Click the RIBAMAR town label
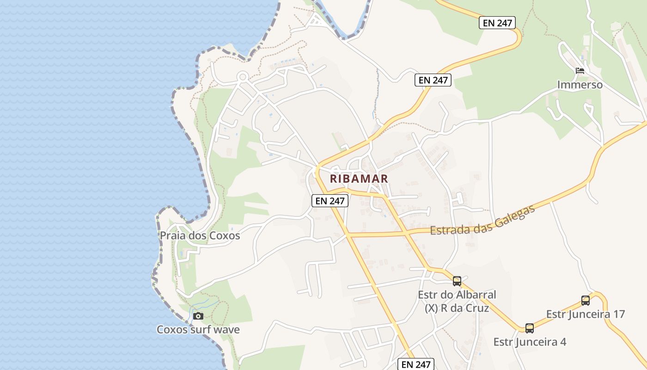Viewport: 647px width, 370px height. (x=359, y=179)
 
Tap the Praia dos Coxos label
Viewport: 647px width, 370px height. (x=200, y=235)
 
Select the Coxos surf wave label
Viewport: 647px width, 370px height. (x=198, y=330)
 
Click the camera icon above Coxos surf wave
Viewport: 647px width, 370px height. (x=198, y=316)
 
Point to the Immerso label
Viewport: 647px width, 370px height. (x=580, y=85)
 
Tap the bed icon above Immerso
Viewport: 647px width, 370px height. (x=580, y=71)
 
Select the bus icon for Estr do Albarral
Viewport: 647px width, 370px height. (x=457, y=281)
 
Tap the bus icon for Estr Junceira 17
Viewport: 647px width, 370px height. (x=586, y=301)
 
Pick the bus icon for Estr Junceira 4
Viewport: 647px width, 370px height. (x=530, y=328)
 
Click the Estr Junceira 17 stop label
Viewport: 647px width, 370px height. (x=585, y=314)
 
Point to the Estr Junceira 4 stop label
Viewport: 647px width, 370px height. (x=530, y=342)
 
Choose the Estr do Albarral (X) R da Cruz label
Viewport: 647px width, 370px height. (x=457, y=301)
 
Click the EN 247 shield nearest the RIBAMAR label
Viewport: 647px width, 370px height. (x=330, y=201)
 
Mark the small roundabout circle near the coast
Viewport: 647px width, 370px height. (x=243, y=77)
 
